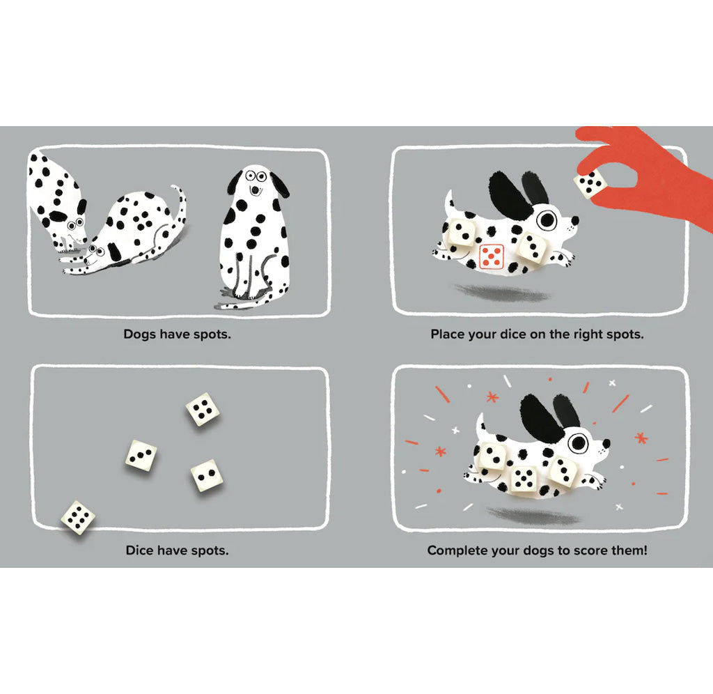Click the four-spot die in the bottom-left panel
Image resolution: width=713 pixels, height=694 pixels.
click(202, 409)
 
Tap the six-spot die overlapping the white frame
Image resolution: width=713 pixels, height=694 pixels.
click(77, 518)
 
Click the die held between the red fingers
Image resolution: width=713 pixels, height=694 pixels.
click(592, 183)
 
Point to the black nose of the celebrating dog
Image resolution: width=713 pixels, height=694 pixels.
click(606, 443)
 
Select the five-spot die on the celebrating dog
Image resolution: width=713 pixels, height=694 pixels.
click(524, 477)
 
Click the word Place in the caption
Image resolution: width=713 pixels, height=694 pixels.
click(447, 334)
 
